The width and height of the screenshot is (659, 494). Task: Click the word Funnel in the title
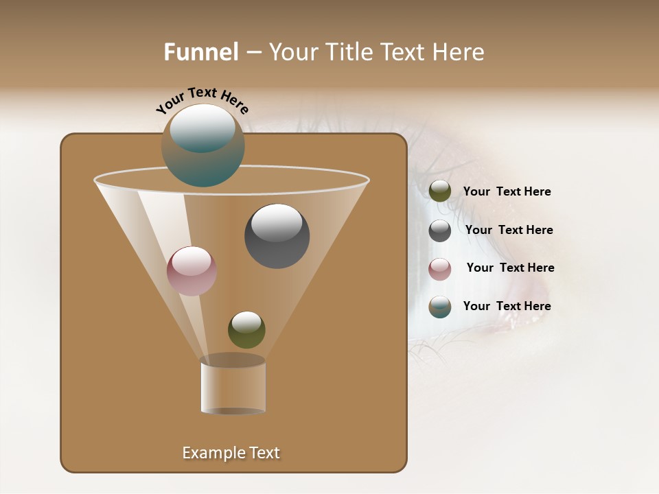(x=200, y=52)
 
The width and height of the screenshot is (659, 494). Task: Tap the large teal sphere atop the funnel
(x=203, y=145)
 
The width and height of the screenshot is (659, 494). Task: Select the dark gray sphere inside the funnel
(x=277, y=237)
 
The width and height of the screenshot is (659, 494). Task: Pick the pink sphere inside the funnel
(x=192, y=271)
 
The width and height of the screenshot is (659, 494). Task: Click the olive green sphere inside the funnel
(x=246, y=330)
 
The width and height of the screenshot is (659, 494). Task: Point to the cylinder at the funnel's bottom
(x=233, y=386)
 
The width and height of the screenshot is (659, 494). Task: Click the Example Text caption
(x=231, y=453)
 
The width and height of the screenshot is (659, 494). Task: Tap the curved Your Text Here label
(x=203, y=100)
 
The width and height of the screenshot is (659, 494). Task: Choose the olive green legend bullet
(x=440, y=191)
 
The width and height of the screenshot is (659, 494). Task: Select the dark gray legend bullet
(x=440, y=231)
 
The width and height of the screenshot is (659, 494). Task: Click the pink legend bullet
(x=440, y=269)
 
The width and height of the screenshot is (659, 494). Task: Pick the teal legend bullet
(x=440, y=307)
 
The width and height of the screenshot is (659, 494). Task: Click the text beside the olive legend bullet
(x=507, y=191)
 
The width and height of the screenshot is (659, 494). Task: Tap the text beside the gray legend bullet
(x=509, y=230)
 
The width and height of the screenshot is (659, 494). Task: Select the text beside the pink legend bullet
(x=510, y=268)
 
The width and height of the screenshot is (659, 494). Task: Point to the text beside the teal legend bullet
(x=507, y=306)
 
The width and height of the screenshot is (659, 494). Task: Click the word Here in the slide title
(x=459, y=52)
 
